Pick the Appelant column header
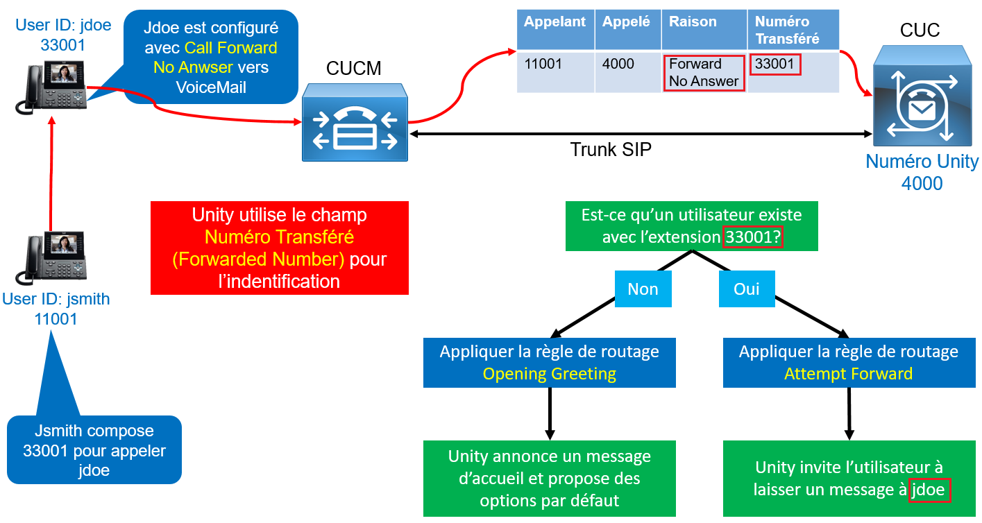[555, 22]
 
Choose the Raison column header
[702, 22]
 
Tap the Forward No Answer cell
[703, 73]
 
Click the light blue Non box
[643, 289]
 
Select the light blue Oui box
[746, 289]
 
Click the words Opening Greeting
[549, 375]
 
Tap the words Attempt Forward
[848, 375]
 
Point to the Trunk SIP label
[611, 149]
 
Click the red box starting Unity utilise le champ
[279, 248]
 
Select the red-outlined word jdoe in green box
[929, 490]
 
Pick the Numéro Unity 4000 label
[922, 173]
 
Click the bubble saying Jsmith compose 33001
[94, 450]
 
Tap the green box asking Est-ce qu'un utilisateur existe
[691, 226]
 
